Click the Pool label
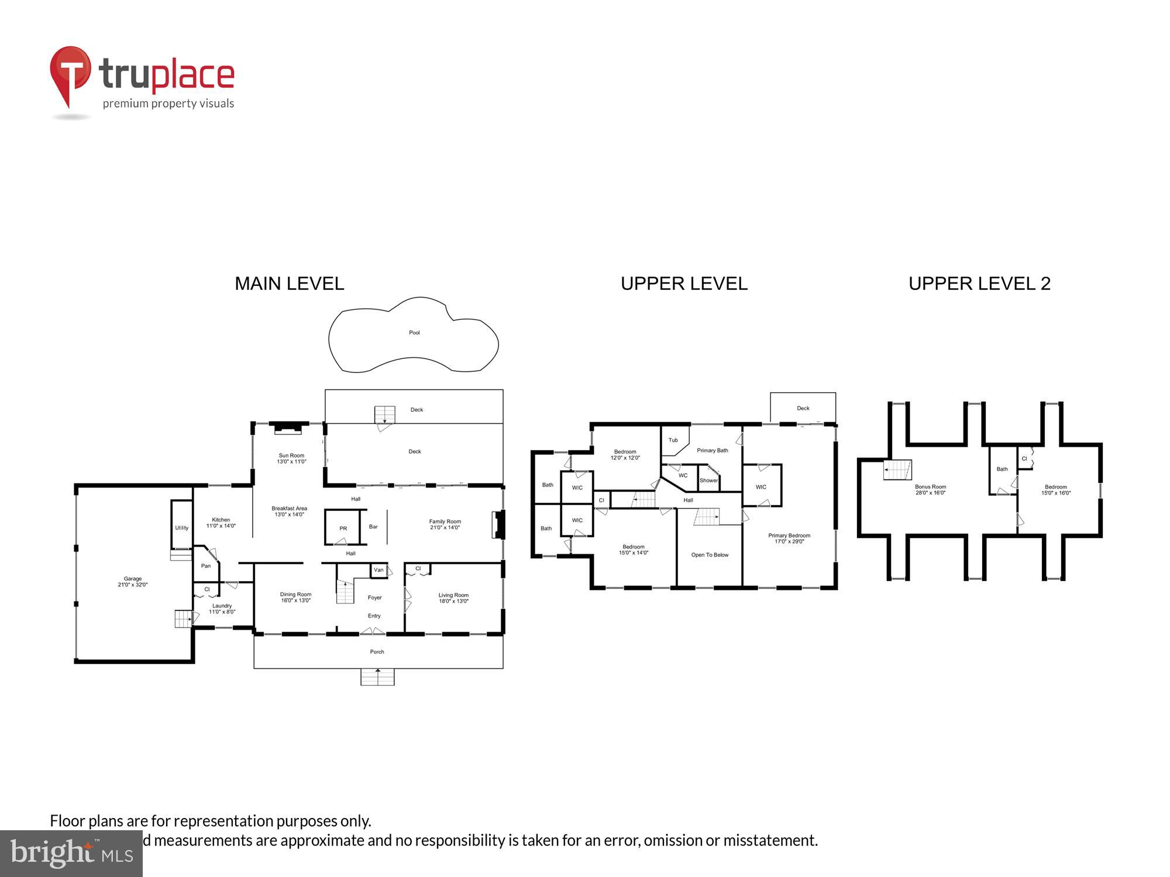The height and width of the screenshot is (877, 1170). [x=414, y=333]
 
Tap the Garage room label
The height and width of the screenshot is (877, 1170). [x=133, y=581]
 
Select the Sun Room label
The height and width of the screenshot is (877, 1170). [x=291, y=458]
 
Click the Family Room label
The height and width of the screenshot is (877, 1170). [x=445, y=524]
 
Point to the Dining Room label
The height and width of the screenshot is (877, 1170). [x=295, y=597]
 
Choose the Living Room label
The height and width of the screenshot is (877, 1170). [x=453, y=598]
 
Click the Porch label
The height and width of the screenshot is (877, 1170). [x=377, y=651]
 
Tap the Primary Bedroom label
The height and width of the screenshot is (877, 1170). [x=789, y=538]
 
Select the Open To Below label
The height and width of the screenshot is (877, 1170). [x=710, y=555]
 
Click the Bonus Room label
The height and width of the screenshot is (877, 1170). [x=930, y=489]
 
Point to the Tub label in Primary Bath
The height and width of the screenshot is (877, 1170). [x=673, y=440]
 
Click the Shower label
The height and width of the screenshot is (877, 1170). [x=708, y=481]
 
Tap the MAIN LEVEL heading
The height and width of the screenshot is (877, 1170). [x=289, y=284]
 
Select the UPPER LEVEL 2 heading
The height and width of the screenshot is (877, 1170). [x=979, y=284]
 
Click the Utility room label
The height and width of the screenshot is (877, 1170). [x=182, y=528]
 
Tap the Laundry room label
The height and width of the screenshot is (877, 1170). [x=222, y=609]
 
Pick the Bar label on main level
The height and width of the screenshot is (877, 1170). [x=373, y=527]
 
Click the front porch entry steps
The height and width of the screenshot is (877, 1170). [x=377, y=677]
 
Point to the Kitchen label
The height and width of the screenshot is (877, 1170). [x=221, y=522]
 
